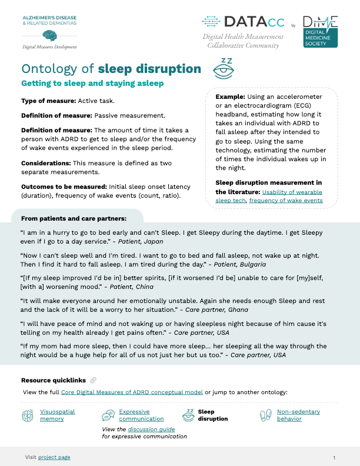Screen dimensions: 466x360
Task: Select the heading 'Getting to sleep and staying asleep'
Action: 92,84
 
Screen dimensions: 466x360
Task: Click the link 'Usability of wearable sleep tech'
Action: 292,192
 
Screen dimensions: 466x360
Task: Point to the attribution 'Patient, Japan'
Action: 139,241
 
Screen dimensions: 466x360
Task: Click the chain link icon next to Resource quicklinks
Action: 94,380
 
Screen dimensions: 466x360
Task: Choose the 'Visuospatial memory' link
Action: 57,415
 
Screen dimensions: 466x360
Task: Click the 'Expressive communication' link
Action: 141,415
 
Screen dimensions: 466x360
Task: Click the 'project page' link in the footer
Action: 54,457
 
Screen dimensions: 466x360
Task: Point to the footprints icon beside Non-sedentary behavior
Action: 266,415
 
